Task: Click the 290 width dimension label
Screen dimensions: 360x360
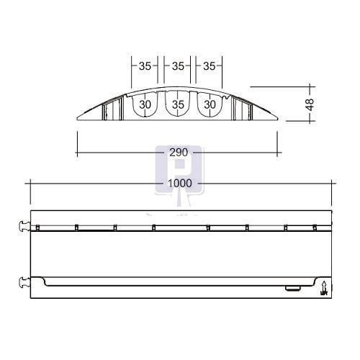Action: pos(179,153)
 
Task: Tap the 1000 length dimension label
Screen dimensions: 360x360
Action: pos(180,184)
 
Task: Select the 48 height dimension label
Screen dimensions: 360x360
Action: pos(310,104)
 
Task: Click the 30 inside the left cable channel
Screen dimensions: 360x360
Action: pos(145,104)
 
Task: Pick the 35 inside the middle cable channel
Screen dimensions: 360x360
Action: pos(178,104)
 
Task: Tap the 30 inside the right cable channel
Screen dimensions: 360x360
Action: pos(210,104)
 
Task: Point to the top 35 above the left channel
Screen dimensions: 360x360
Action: pos(145,66)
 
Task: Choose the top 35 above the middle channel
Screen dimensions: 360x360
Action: pos(178,66)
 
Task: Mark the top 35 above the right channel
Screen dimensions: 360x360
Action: pos(210,66)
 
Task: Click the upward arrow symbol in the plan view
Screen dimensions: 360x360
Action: pos(324,288)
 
